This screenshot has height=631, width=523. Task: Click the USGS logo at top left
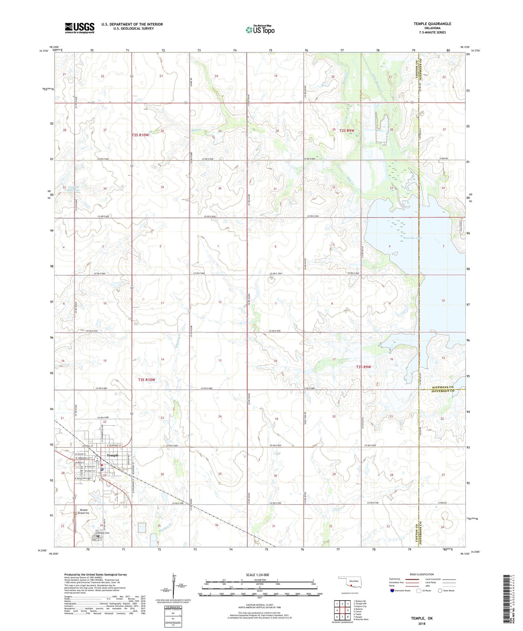80,27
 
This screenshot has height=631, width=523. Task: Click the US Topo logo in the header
260,30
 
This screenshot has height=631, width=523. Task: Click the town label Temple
113,455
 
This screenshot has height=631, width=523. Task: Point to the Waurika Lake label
412,238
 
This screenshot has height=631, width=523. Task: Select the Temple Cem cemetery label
103,533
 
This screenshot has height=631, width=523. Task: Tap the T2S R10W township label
140,135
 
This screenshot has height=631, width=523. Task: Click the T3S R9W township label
363,367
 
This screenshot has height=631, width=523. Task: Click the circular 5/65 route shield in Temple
97,459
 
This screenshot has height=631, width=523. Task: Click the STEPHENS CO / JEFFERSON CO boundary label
442,389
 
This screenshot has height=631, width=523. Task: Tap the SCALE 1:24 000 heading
257,575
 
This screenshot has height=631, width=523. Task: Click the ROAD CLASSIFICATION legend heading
422,574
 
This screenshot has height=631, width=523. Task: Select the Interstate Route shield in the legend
392,591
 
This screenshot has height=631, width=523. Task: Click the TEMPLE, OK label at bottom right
422,618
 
